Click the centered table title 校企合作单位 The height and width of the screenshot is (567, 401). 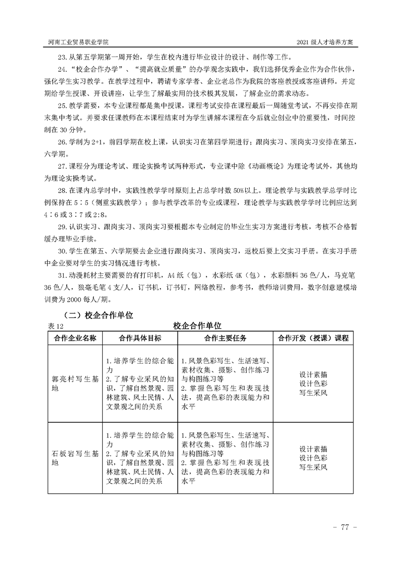point(198,326)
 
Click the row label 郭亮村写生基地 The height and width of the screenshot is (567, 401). point(74,384)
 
